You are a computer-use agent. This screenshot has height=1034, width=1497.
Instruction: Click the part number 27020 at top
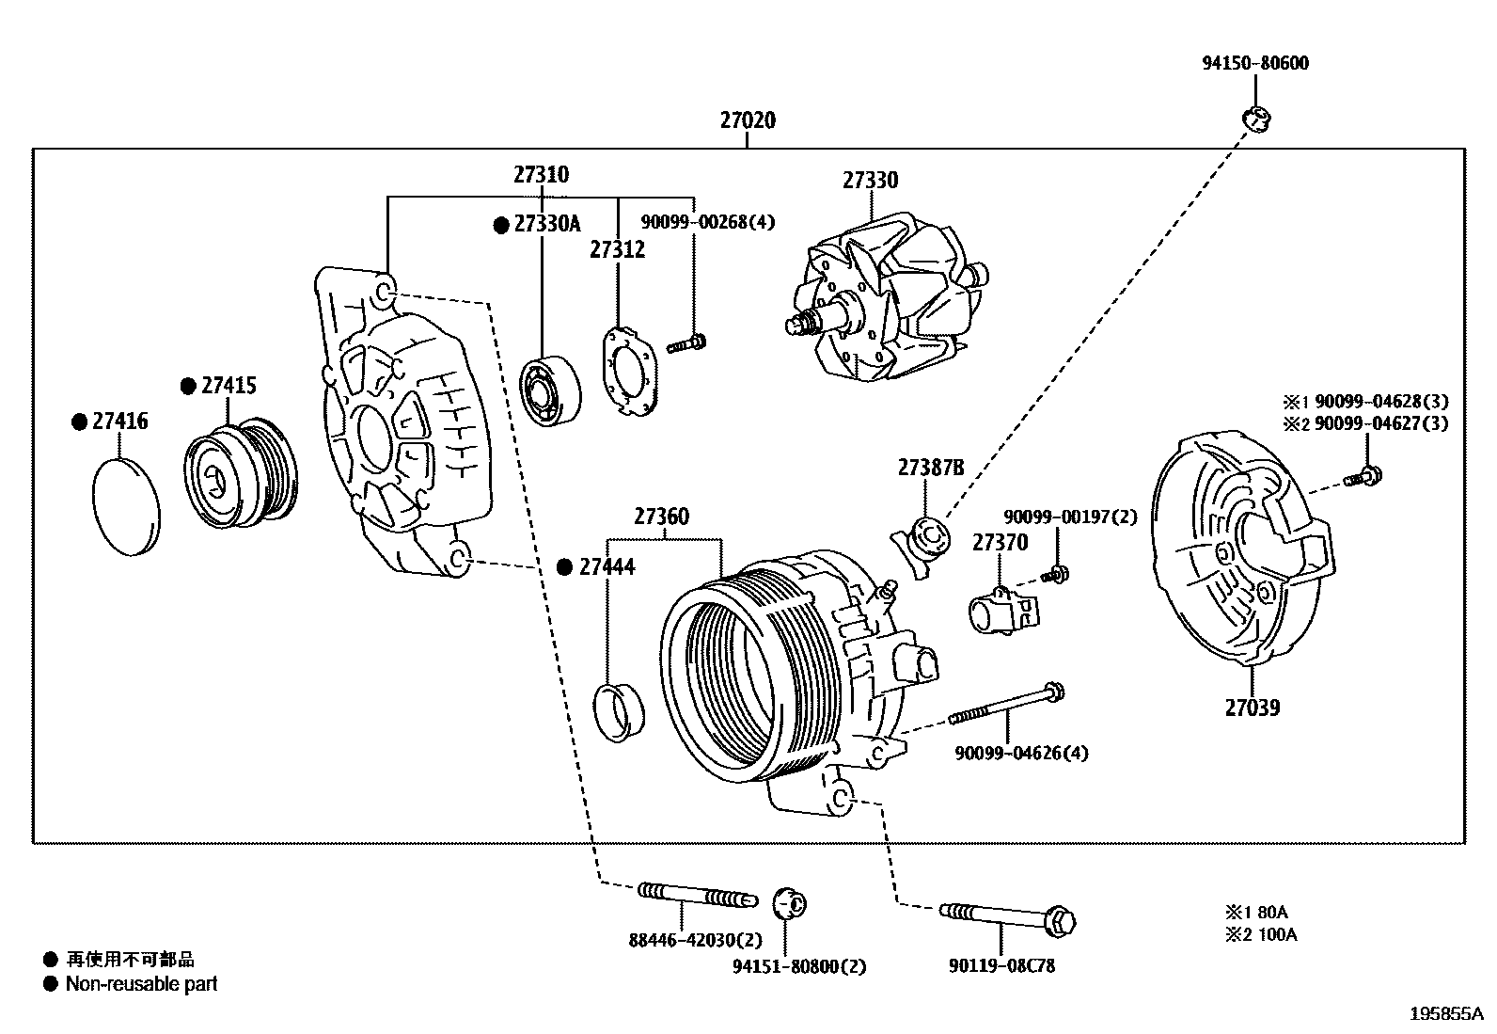click(748, 120)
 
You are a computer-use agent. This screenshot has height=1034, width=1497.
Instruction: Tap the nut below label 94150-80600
click(1255, 119)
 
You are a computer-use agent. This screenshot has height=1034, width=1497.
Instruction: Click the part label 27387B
click(930, 468)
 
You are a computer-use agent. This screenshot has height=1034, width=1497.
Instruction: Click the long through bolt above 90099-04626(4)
click(1006, 706)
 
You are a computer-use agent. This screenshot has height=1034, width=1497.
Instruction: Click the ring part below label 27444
click(621, 713)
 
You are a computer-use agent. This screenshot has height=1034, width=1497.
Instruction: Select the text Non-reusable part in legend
click(141, 984)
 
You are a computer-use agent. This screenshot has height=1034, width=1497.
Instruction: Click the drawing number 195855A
click(1445, 1014)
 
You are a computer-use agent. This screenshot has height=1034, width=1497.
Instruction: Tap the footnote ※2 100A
click(1260, 935)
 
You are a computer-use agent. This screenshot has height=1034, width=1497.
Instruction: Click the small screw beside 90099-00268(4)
click(687, 343)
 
